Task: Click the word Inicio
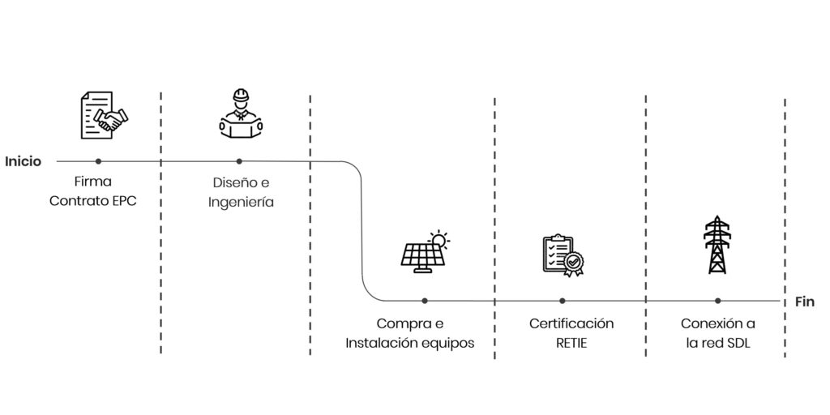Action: click(23, 161)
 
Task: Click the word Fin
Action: click(804, 302)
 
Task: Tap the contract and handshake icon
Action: click(104, 115)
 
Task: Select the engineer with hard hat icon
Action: click(239, 113)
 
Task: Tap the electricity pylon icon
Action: click(717, 245)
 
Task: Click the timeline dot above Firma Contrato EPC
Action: click(99, 161)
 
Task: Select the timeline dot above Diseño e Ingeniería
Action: click(239, 161)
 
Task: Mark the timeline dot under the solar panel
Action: click(425, 301)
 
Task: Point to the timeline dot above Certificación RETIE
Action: click(563, 301)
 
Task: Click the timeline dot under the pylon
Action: click(717, 301)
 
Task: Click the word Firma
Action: click(92, 182)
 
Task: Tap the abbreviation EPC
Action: click(122, 201)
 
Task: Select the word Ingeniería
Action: click(241, 203)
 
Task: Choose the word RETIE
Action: click(571, 343)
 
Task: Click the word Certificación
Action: click(571, 323)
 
